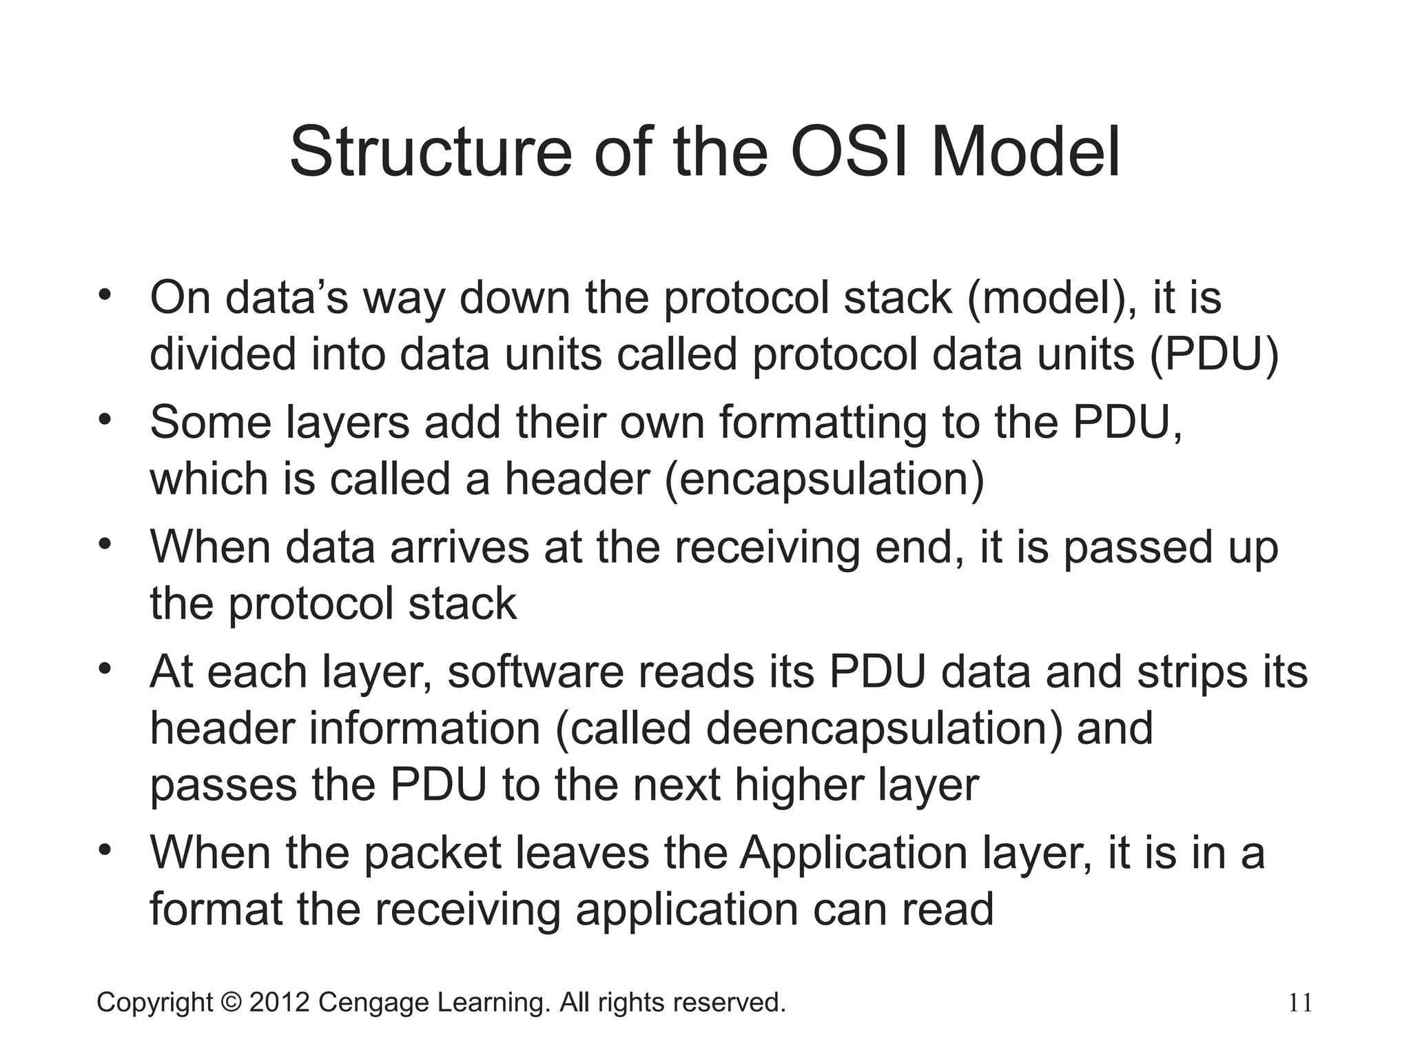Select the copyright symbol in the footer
click(x=231, y=1002)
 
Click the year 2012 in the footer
click(x=279, y=1002)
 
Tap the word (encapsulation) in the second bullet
click(x=824, y=478)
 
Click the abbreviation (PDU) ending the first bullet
click(x=1213, y=354)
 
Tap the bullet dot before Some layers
click(x=105, y=419)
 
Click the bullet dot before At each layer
click(x=105, y=669)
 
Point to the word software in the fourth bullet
click(x=535, y=672)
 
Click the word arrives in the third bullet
click(x=460, y=547)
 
